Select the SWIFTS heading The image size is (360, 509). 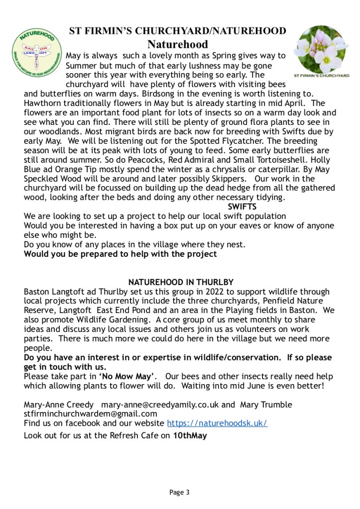click(242, 206)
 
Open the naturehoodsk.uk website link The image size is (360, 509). click(217, 423)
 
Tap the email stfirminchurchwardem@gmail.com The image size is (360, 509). click(90, 413)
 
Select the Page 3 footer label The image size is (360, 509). click(179, 493)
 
